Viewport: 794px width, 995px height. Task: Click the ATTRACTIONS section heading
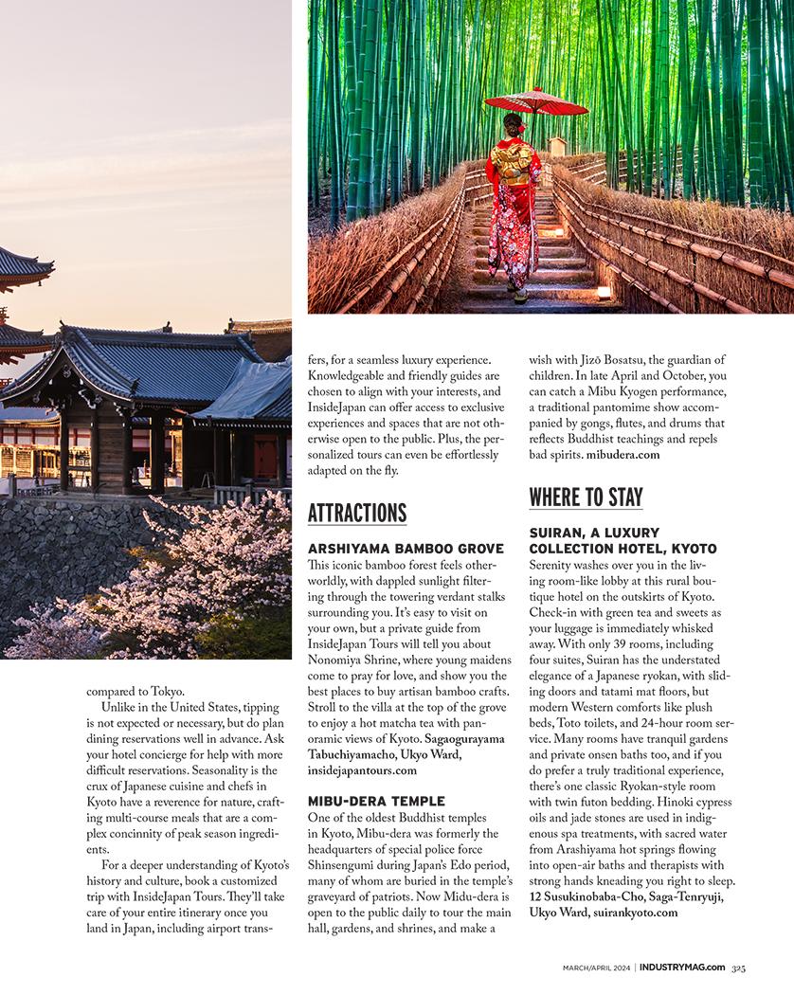click(357, 513)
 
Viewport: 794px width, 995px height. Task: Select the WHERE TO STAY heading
click(586, 497)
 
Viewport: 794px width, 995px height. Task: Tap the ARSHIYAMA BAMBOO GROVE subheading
click(406, 549)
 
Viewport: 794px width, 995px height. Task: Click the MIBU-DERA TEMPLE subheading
click(376, 801)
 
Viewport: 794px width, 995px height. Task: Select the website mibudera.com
click(623, 454)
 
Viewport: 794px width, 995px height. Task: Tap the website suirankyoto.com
click(635, 913)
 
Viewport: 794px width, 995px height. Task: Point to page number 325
click(738, 968)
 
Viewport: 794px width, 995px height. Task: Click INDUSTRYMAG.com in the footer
click(682, 968)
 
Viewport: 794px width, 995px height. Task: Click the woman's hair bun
click(515, 120)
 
